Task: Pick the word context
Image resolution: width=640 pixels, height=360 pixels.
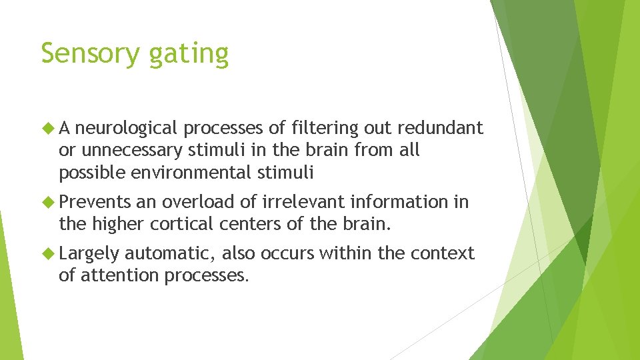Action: coord(443,254)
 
